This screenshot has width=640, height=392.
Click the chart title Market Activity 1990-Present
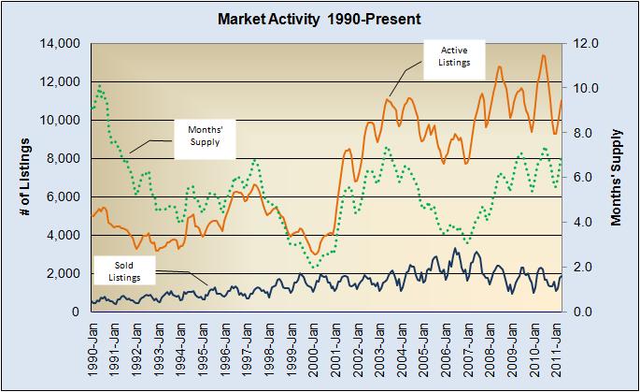click(321, 18)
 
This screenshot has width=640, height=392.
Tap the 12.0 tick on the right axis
click(585, 44)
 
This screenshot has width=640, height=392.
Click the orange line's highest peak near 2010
click(543, 55)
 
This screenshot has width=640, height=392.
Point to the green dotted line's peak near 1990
click(100, 88)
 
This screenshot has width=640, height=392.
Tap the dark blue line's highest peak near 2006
click(454, 248)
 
